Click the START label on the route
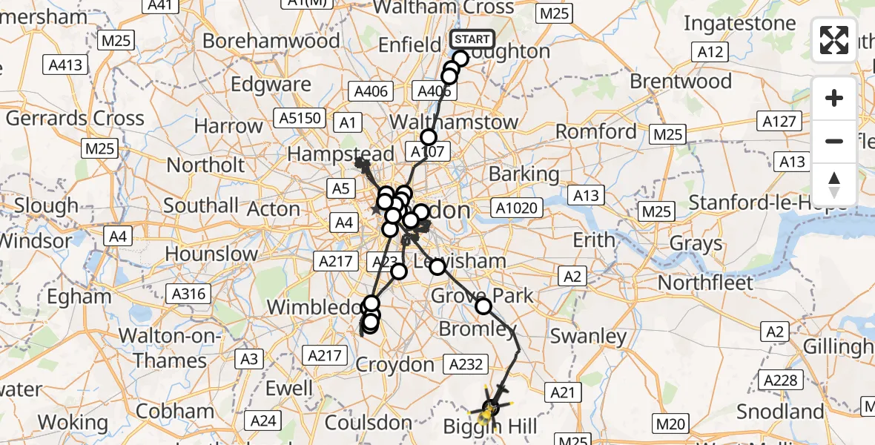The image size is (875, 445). (472, 39)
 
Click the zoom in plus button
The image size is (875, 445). (834, 98)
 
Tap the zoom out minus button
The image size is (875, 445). (834, 141)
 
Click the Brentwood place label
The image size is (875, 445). (681, 81)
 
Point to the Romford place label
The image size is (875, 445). (596, 132)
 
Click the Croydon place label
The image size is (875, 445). (394, 364)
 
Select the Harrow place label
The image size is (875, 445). (228, 126)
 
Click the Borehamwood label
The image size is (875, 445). (271, 41)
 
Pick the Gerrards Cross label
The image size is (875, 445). (75, 118)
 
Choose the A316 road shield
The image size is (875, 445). (188, 294)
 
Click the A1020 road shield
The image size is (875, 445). (517, 208)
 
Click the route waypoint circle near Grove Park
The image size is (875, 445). (483, 306)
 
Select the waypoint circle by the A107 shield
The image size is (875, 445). (429, 137)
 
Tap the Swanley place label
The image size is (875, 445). (588, 336)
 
